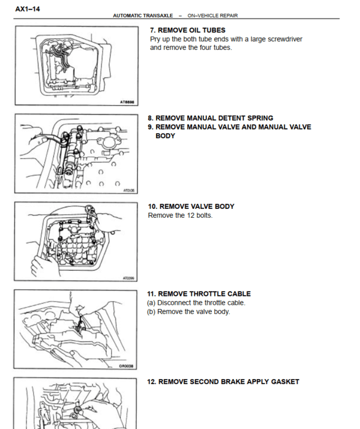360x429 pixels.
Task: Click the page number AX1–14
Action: coord(28,9)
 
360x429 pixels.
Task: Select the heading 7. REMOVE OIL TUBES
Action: coord(187,30)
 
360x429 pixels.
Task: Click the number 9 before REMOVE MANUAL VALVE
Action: coord(151,127)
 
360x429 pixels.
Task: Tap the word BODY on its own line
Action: coord(165,136)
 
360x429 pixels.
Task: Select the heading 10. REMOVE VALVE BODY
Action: coord(191,206)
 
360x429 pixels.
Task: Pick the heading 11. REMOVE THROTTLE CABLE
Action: coord(199,294)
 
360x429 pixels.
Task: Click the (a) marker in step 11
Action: coord(152,303)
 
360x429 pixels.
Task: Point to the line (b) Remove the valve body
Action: coord(188,311)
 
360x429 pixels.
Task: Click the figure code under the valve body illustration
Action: coord(128,278)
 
